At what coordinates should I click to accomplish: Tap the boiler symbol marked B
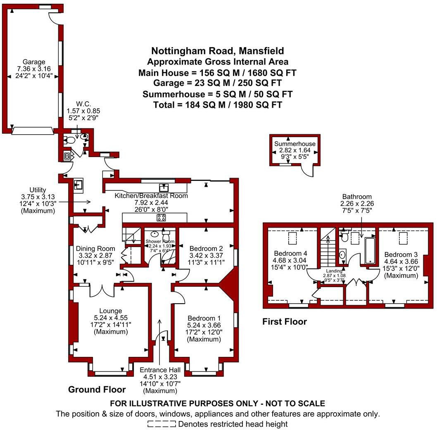pos(67,156)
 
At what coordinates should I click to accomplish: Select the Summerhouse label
pos(295,144)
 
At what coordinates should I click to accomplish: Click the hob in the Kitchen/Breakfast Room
pos(161,218)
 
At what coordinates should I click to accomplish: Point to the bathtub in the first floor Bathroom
pos(369,249)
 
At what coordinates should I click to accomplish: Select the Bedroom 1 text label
pos(204,318)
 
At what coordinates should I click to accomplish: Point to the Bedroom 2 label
pos(206,249)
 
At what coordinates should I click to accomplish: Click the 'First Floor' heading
pos(285,321)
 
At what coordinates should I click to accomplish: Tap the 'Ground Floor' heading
pos(97,389)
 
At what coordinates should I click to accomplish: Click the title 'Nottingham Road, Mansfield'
pos(217,51)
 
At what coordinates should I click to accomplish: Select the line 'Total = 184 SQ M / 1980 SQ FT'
pos(217,105)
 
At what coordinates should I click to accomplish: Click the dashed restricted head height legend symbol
pos(162,424)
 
